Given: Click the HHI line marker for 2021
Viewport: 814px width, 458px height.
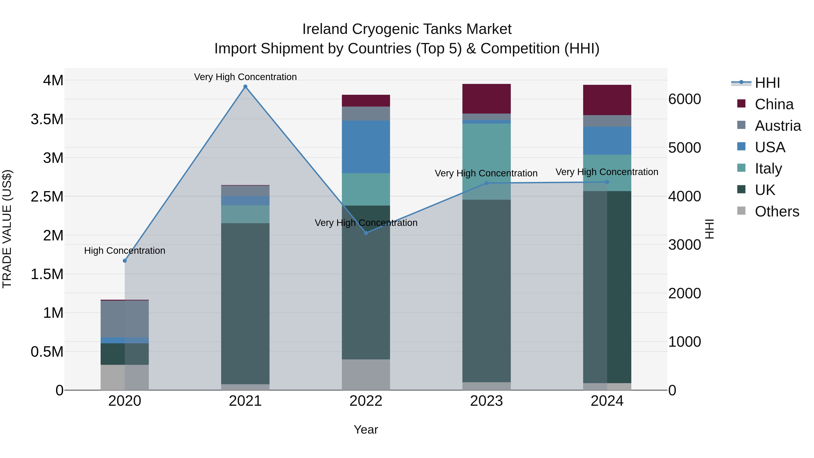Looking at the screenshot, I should pyautogui.click(x=245, y=87).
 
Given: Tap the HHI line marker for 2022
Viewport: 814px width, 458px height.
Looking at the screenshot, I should pyautogui.click(x=366, y=233).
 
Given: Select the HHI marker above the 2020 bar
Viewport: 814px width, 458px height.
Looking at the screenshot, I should pyautogui.click(x=125, y=261).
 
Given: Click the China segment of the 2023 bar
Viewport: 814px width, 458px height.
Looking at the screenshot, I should pyautogui.click(x=486, y=99).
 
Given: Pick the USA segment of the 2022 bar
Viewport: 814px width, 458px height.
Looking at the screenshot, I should pyautogui.click(x=366, y=147).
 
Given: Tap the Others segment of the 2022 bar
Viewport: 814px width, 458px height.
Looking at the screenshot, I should pyautogui.click(x=366, y=375).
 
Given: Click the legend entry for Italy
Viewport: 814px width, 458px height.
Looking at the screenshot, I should pyautogui.click(x=768, y=168).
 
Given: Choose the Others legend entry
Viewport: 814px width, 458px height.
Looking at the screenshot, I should pyautogui.click(x=776, y=211).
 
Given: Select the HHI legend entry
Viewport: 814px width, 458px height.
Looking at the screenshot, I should pyautogui.click(x=767, y=83).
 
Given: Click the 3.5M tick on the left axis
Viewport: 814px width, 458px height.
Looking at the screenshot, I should pyautogui.click(x=47, y=119).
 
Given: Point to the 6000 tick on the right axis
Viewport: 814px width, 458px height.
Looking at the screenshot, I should pyautogui.click(x=684, y=99).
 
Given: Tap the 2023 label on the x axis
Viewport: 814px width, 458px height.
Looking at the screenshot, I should pyautogui.click(x=486, y=401).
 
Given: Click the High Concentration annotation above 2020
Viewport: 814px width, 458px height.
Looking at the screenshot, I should pyautogui.click(x=125, y=251).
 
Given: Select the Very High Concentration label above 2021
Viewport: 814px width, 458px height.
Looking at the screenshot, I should pyautogui.click(x=245, y=77).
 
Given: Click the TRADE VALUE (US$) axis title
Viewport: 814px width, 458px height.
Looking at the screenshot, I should pyautogui.click(x=7, y=229).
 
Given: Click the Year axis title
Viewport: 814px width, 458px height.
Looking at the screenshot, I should pyautogui.click(x=366, y=430).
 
